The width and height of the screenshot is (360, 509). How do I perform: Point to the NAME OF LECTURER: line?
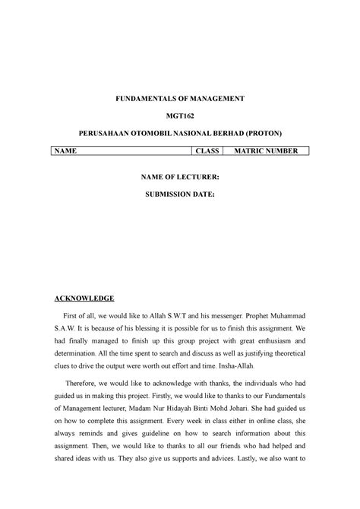point(180,176)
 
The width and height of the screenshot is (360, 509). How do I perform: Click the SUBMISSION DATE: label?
point(180,194)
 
